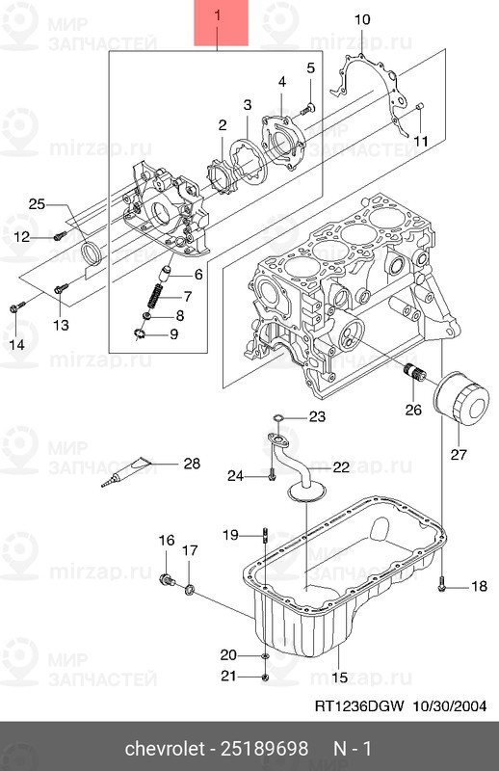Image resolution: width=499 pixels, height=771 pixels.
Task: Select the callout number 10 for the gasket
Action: [x=361, y=19]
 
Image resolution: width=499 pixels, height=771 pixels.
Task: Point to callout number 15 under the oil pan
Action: [x=339, y=678]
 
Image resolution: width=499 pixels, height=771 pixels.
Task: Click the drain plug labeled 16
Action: [x=168, y=580]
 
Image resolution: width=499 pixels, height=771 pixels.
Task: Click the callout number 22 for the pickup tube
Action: [x=341, y=467]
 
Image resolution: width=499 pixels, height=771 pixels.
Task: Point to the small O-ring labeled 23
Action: [x=277, y=417]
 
